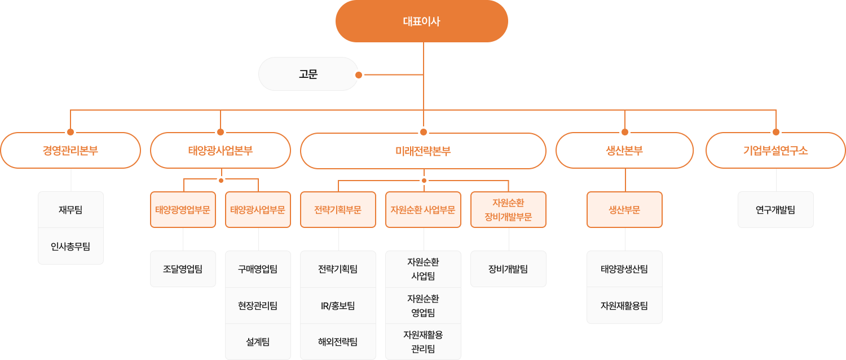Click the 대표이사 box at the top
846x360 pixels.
click(421, 21)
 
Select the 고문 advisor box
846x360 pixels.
click(308, 74)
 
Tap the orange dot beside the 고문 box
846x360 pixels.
click(359, 75)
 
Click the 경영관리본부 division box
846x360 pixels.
click(70, 150)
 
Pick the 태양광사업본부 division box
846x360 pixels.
click(221, 150)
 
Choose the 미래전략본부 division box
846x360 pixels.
click(423, 151)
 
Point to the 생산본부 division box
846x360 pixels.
click(625, 150)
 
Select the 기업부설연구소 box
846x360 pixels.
click(775, 150)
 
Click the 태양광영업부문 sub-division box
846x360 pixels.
click(183, 210)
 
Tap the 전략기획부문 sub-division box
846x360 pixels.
click(338, 210)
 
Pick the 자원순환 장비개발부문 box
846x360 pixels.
click(508, 210)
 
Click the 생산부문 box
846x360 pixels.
click(625, 210)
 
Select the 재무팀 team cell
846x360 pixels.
click(70, 210)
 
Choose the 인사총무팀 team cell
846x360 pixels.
click(70, 246)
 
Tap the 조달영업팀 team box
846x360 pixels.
click(183, 269)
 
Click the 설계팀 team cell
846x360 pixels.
click(258, 342)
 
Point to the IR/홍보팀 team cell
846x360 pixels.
click(338, 306)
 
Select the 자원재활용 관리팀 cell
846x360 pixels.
click(423, 342)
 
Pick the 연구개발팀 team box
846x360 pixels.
click(775, 210)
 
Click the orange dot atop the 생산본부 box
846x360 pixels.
click(625, 132)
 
